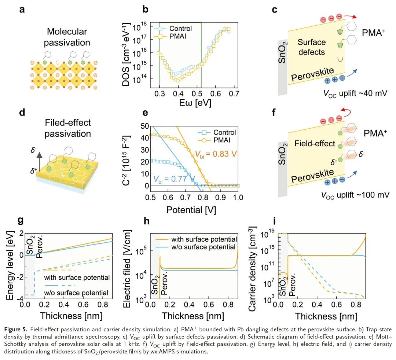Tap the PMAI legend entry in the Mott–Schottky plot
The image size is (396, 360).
(x=223, y=140)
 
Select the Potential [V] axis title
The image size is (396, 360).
(x=192, y=210)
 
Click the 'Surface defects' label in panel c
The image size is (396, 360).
(x=311, y=47)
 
